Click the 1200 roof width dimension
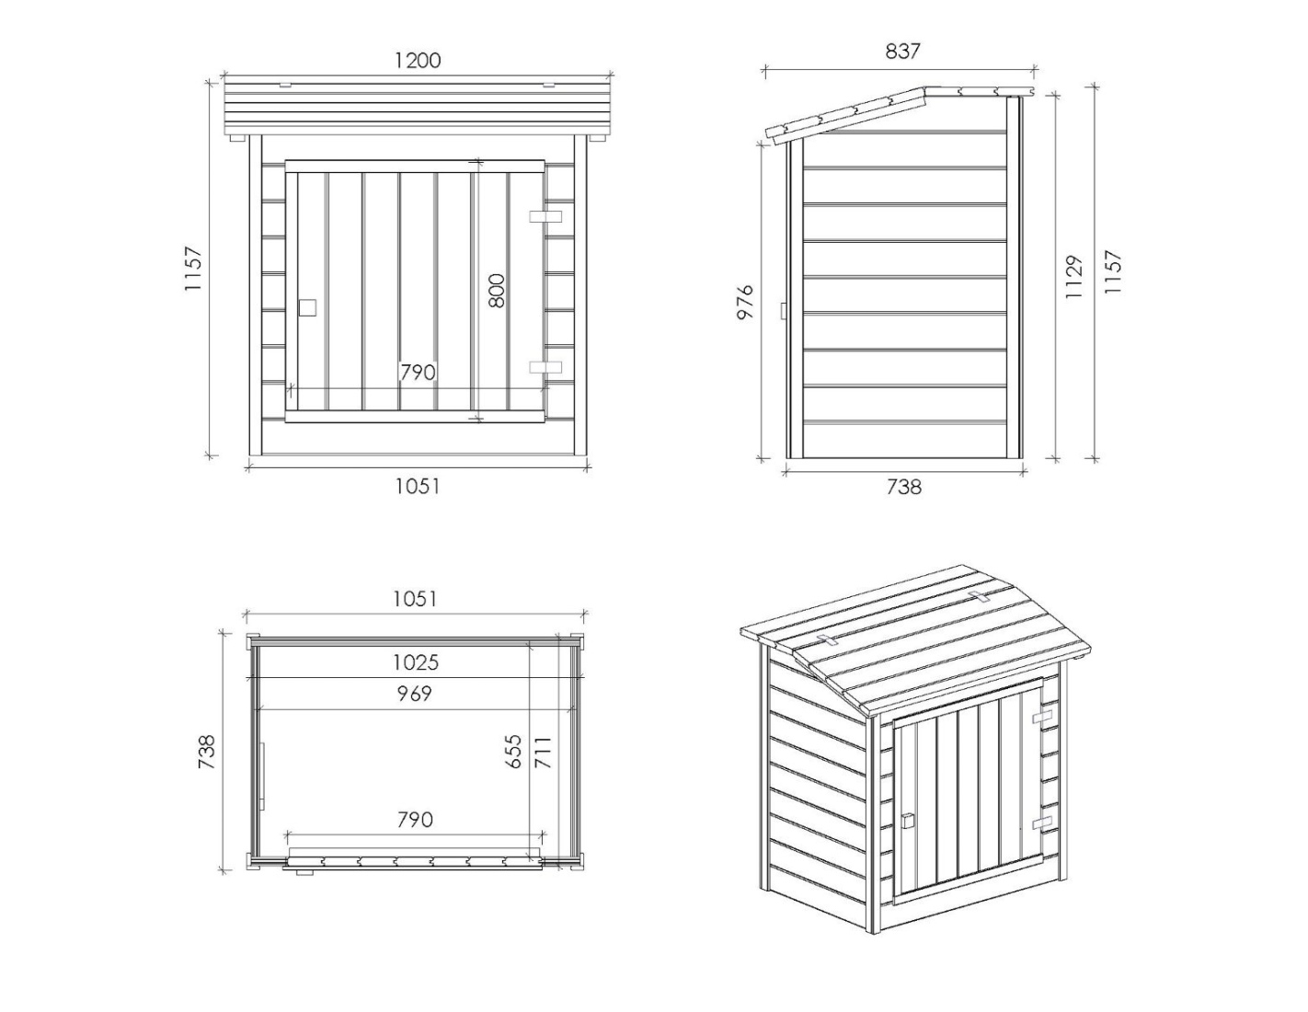[x=418, y=60]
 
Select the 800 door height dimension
[x=496, y=291]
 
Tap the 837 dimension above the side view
[x=903, y=52]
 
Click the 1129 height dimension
[x=1073, y=277]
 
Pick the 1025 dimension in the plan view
[x=416, y=662]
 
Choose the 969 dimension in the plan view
[x=414, y=694]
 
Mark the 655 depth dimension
[x=513, y=752]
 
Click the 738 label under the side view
[x=904, y=487]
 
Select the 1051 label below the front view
[x=417, y=486]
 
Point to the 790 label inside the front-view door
[x=418, y=372]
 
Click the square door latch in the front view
[x=307, y=307]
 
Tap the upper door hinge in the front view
[x=545, y=216]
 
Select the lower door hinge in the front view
[x=545, y=367]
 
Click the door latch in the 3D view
[x=908, y=821]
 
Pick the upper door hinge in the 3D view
[x=1042, y=718]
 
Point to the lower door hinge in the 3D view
[x=1042, y=822]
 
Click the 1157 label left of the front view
[x=194, y=269]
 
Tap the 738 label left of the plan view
[x=206, y=752]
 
